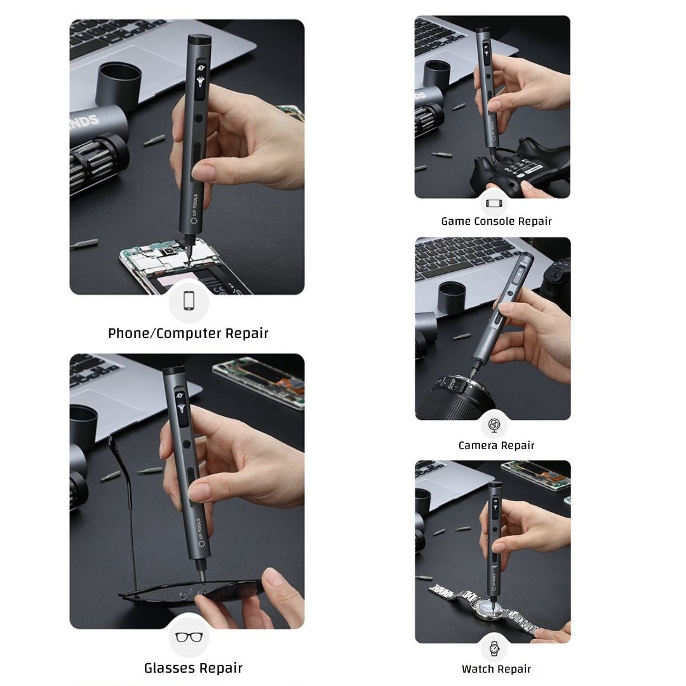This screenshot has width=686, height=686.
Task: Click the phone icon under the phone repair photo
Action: click(189, 300)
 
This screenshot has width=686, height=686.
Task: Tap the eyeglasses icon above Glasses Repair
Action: click(189, 637)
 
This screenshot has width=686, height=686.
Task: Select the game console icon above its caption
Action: click(494, 203)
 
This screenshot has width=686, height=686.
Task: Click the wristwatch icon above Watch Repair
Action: click(494, 649)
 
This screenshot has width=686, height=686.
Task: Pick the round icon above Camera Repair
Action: click(494, 425)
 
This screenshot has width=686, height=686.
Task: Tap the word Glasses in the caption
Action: click(168, 668)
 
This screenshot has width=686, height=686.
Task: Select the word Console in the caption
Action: click(494, 222)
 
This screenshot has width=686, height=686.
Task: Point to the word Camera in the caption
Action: click(477, 445)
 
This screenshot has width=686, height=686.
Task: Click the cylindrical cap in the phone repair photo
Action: click(119, 85)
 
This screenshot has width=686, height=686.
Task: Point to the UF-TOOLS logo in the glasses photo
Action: click(200, 532)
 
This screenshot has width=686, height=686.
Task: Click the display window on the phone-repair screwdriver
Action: click(200, 79)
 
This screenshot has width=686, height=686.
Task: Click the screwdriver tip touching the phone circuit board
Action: click(189, 258)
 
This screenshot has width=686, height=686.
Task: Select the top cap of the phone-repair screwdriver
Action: click(200, 40)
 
